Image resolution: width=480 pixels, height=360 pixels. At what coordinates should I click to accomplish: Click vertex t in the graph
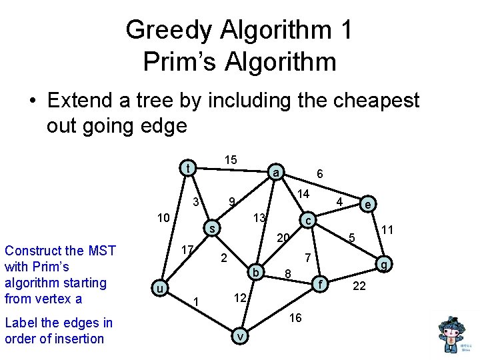(189, 168)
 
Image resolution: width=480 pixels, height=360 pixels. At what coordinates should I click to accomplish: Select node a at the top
(275, 173)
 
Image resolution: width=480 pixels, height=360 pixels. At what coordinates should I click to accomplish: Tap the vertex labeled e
(367, 204)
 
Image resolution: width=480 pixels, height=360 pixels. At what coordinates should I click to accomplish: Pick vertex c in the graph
(307, 220)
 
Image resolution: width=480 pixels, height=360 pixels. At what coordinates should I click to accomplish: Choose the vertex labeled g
(383, 264)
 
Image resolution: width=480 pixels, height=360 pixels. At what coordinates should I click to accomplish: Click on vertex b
(256, 271)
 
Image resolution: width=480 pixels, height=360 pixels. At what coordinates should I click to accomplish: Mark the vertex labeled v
(239, 337)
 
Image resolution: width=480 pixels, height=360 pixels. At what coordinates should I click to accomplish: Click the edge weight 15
(230, 160)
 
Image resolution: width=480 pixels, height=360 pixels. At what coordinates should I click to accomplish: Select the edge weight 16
(295, 318)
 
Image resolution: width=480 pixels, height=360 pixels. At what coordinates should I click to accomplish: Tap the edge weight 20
(283, 238)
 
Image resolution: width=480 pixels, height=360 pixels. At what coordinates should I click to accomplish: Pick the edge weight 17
(188, 249)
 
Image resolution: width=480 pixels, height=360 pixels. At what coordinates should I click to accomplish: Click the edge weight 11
(386, 231)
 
